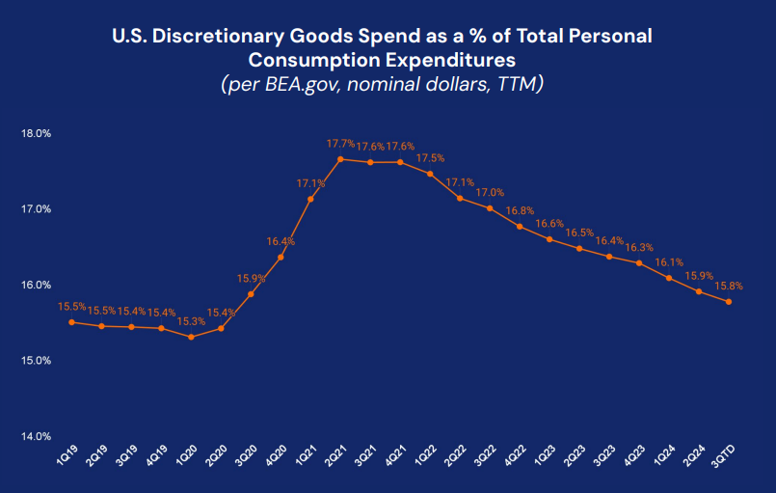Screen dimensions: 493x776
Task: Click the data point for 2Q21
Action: point(340,159)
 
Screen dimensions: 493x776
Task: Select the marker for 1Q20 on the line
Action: point(191,337)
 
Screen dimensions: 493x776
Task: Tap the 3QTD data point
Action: point(729,302)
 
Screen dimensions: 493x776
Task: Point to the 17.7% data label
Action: point(340,144)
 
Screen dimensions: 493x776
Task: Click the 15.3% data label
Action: point(192,321)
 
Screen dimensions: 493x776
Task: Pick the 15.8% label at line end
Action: point(729,286)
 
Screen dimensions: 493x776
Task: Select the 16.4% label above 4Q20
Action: point(281,241)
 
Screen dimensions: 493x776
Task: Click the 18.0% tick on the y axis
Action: point(36,133)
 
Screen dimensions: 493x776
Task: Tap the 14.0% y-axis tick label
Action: point(36,436)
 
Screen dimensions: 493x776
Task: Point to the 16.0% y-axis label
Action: point(36,285)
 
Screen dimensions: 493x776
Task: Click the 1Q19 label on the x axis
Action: point(65,455)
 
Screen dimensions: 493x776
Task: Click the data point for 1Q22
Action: point(430,174)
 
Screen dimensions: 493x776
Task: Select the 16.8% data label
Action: point(520,210)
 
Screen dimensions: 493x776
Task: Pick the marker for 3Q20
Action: point(251,294)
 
